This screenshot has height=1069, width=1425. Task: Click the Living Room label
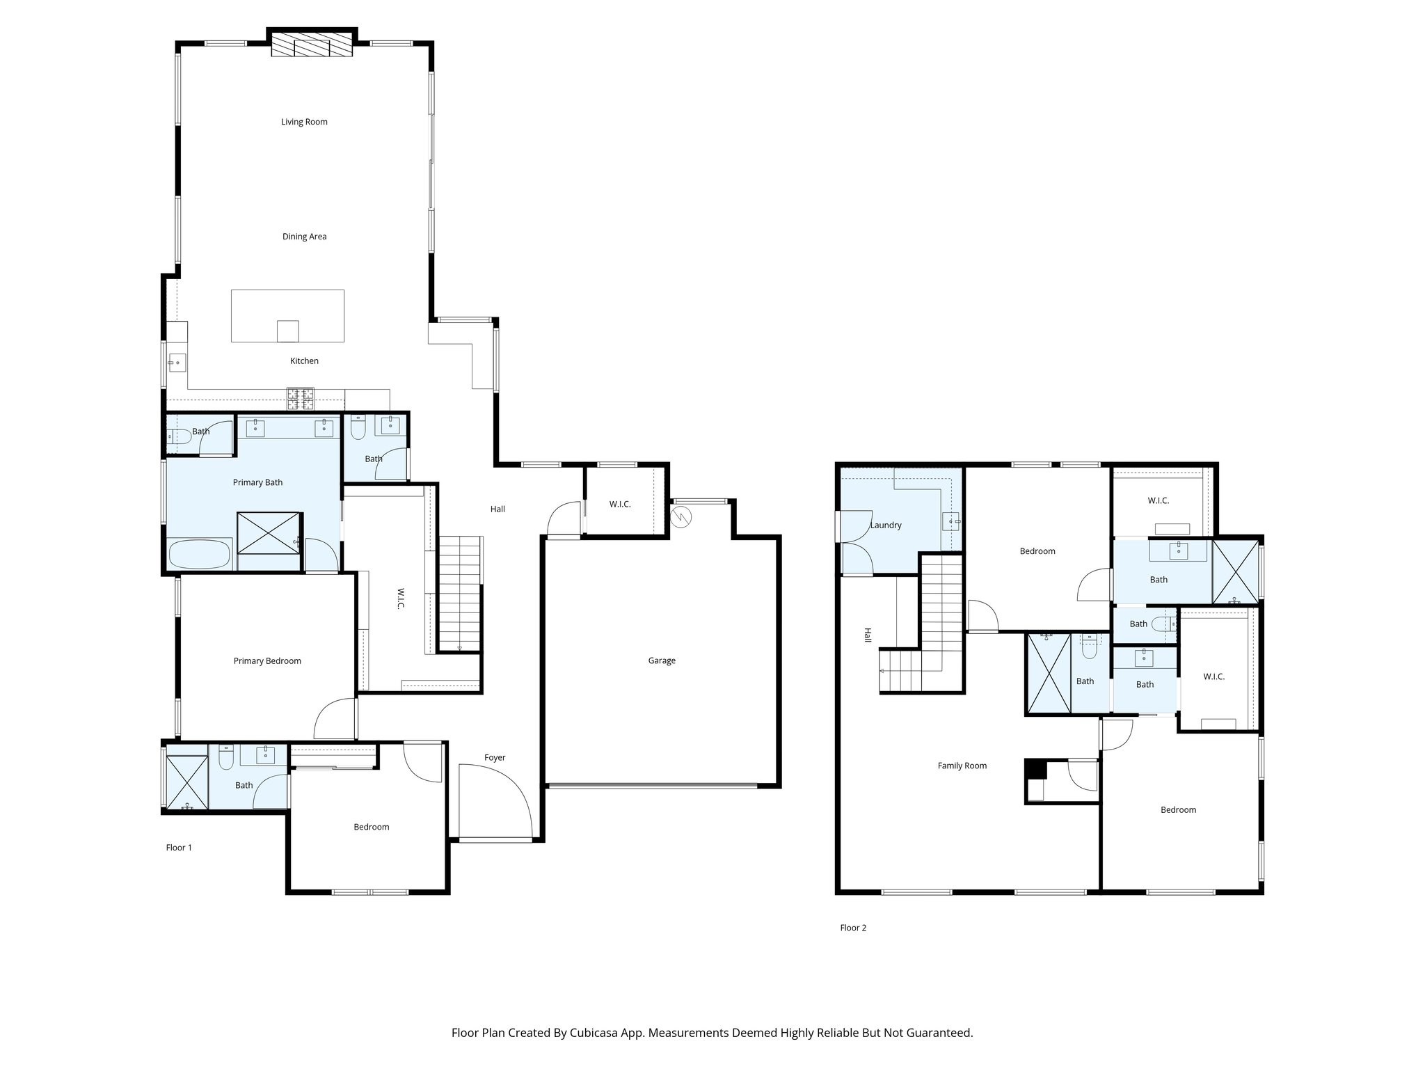(304, 122)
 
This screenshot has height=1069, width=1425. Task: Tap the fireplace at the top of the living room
(312, 46)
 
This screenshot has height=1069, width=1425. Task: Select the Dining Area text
(304, 237)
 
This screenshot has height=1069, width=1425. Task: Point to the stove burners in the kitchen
(301, 398)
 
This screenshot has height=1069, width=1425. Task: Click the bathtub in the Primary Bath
(200, 555)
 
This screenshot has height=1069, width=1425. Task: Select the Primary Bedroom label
(267, 661)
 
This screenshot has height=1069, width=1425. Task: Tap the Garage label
(662, 660)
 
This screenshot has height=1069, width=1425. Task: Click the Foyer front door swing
(495, 800)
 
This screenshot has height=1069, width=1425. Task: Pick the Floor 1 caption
(179, 847)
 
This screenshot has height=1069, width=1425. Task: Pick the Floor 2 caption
(853, 928)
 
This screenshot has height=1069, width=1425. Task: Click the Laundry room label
(886, 525)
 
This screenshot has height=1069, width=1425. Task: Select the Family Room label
(962, 766)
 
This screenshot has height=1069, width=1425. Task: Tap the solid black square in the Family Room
(1036, 769)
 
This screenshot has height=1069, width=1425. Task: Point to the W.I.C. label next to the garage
(620, 504)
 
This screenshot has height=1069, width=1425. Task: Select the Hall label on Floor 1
(497, 509)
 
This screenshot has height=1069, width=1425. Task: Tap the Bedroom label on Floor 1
(371, 827)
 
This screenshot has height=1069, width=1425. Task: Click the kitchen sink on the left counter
(176, 363)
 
